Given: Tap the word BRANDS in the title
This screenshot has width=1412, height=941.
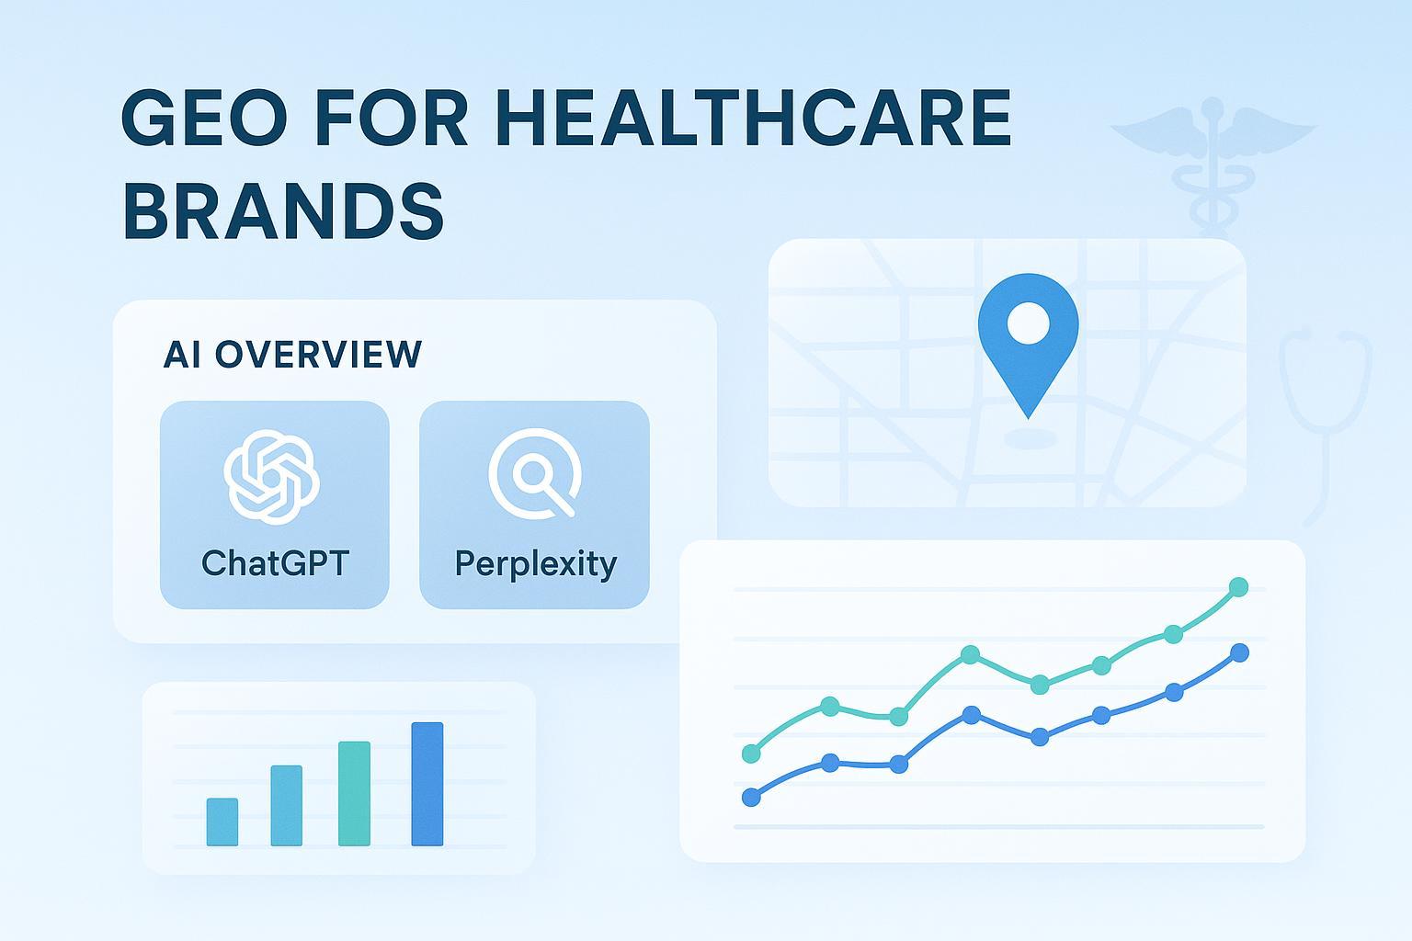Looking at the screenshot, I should click(x=283, y=210).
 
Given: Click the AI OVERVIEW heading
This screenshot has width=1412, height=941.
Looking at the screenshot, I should click(x=292, y=355).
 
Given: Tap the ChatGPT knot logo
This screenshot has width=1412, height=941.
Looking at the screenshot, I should click(x=272, y=476).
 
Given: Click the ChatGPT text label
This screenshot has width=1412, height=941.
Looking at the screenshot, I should click(x=275, y=562).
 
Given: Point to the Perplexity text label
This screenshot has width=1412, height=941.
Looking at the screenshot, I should click(x=535, y=563).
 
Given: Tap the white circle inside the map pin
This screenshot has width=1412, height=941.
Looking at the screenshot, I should click(x=1028, y=323).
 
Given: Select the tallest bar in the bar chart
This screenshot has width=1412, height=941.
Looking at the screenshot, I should click(x=427, y=783).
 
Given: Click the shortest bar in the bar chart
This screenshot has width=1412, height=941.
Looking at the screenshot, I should click(x=222, y=822).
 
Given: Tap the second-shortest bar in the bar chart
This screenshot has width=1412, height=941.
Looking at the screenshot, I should click(x=287, y=805).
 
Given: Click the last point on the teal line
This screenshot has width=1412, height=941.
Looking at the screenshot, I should click(x=1238, y=586).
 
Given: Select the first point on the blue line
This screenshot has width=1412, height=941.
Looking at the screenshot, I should click(x=751, y=797).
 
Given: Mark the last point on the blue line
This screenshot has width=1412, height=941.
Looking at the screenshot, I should click(x=1239, y=652).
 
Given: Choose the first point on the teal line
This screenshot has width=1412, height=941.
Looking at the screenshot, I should click(x=751, y=754).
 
